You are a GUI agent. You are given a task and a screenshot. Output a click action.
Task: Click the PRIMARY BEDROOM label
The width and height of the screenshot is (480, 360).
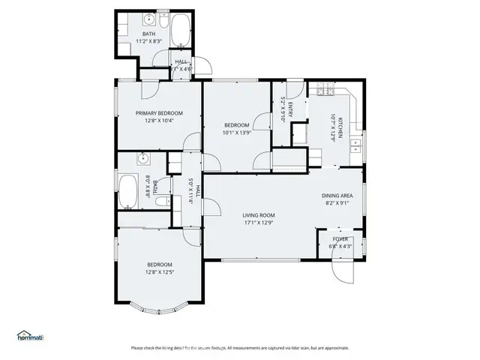point(159,112)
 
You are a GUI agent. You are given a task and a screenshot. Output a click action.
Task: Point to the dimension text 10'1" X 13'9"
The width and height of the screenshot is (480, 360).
point(236,133)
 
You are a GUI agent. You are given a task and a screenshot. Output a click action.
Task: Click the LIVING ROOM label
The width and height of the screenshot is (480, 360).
point(259,214)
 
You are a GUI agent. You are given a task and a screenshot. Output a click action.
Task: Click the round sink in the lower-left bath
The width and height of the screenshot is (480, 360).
point(144,159)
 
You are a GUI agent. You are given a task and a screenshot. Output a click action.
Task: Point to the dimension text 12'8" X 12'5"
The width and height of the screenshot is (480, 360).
point(159,272)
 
